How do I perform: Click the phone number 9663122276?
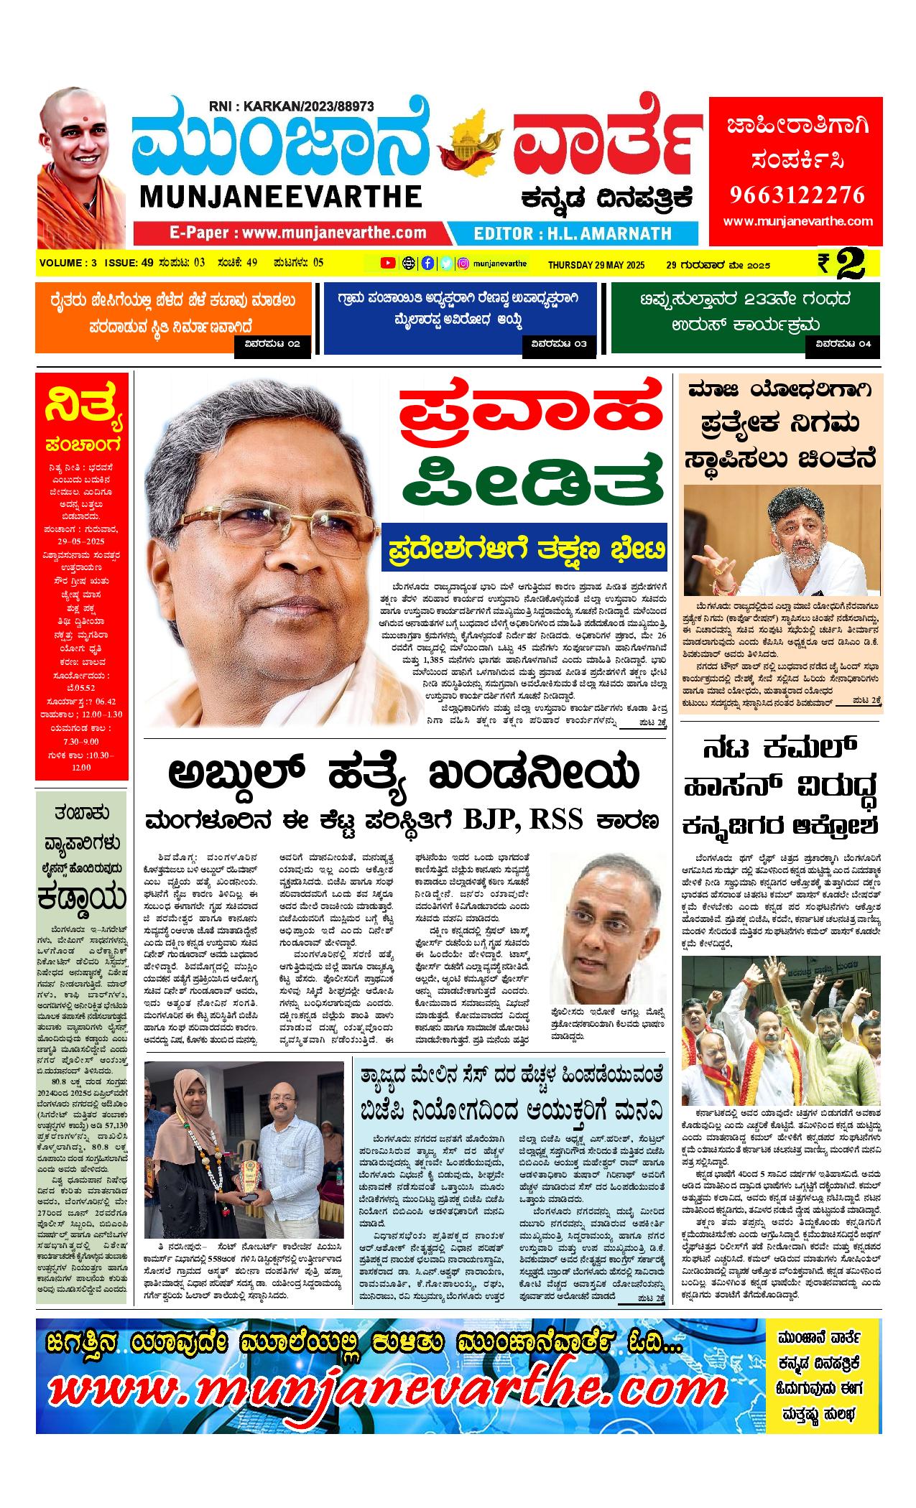(797, 195)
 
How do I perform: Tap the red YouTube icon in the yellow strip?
(388, 264)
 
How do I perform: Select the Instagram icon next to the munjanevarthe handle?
(463, 264)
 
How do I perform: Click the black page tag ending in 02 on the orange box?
(272, 344)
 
